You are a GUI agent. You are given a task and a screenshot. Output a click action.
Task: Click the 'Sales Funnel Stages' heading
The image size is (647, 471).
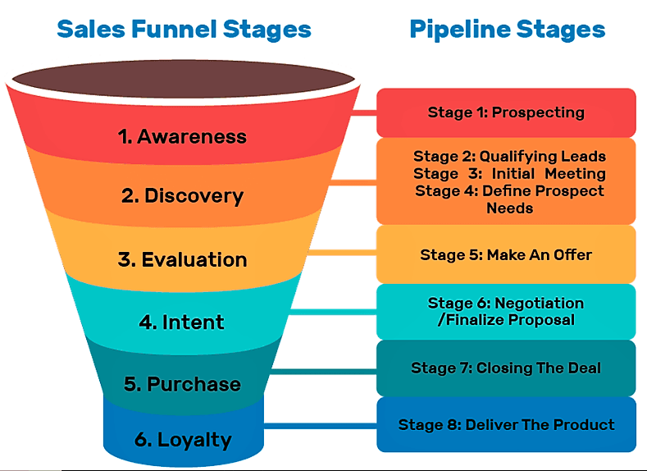tap(184, 30)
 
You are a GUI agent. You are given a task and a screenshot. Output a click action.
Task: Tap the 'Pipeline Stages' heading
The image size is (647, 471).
tap(507, 30)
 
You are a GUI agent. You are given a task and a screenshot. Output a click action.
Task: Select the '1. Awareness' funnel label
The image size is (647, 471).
tap(182, 136)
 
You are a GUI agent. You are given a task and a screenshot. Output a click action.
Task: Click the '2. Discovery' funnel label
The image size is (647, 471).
tap(182, 196)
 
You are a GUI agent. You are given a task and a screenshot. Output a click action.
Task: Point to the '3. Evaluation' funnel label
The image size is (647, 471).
tap(182, 259)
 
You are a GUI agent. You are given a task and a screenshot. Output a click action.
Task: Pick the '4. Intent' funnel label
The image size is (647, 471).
tap(182, 322)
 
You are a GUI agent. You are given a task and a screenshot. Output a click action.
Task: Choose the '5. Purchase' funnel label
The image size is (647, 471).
tap(182, 383)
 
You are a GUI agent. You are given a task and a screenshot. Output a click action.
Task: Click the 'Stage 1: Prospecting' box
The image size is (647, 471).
tap(506, 112)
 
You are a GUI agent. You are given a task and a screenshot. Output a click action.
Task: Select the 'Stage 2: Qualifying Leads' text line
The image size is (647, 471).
tap(509, 156)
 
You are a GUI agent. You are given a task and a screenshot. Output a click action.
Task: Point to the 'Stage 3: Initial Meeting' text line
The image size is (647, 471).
tap(509, 173)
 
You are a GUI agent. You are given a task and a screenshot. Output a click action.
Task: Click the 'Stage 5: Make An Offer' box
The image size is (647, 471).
tap(506, 254)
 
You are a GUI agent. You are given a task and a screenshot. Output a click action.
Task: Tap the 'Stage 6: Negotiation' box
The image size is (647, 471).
tap(506, 311)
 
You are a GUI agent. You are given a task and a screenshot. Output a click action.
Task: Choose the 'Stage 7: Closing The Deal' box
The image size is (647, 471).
tap(506, 368)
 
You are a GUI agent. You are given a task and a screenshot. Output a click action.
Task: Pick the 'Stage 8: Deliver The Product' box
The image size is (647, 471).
tap(506, 424)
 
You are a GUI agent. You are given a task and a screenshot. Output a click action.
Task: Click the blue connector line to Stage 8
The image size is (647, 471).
tap(320, 425)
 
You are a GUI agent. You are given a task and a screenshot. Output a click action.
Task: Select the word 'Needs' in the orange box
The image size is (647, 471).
tap(509, 208)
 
